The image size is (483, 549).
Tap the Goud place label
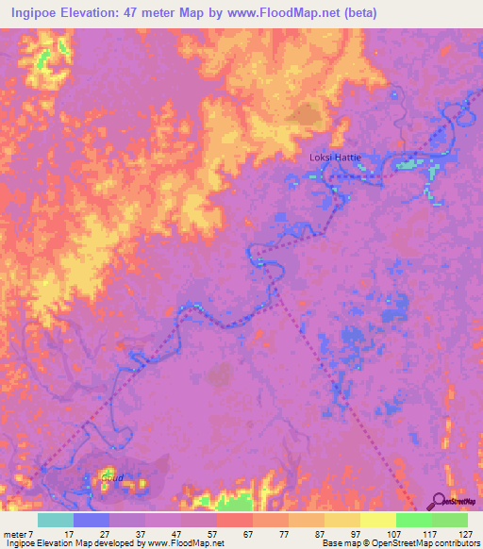[x=112, y=478]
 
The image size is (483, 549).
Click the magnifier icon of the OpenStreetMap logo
[x=437, y=502]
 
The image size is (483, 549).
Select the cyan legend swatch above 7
[x=56, y=520]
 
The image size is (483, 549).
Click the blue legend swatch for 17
[x=92, y=520]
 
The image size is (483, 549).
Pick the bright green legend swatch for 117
[x=413, y=520]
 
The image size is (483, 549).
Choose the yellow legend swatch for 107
[x=377, y=520]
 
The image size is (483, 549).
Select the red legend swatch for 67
[x=235, y=520]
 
